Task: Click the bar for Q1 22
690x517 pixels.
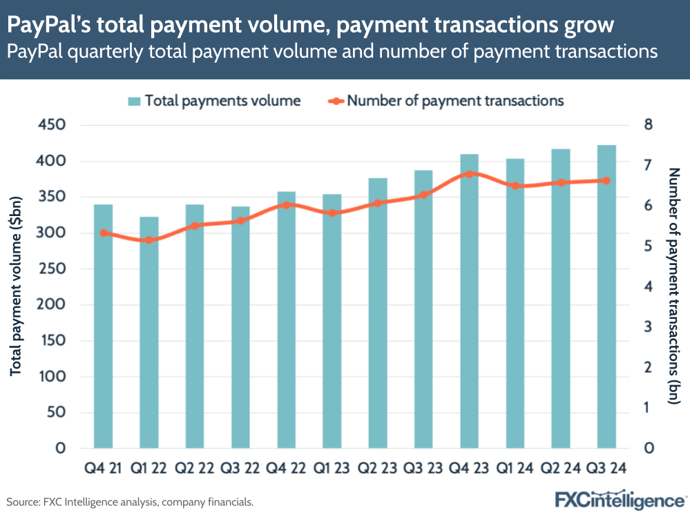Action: [148, 333]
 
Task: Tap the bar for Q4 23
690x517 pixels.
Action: [469, 301]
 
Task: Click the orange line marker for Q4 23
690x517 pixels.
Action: [469, 174]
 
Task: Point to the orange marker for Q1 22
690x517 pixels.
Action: [148, 240]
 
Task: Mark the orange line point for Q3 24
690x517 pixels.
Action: [606, 181]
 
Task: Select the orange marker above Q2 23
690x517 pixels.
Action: [378, 203]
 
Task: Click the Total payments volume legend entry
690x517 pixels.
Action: [214, 101]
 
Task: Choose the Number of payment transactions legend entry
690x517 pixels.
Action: [445, 101]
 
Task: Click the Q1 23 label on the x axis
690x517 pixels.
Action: [332, 469]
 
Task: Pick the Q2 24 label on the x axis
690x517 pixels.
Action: [561, 469]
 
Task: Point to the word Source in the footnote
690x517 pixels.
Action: [22, 502]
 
